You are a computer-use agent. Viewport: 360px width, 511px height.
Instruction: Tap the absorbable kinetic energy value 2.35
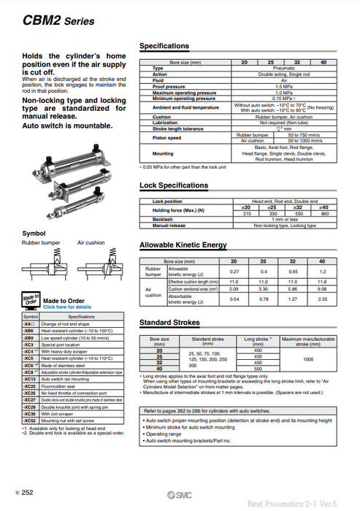(x=322, y=299)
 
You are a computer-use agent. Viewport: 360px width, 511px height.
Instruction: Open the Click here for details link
(x=67, y=307)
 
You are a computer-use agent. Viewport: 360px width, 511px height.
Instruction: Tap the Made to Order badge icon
(x=30, y=301)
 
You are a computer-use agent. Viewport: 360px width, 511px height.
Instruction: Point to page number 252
(x=28, y=494)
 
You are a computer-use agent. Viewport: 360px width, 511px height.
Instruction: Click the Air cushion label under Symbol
(x=91, y=242)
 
